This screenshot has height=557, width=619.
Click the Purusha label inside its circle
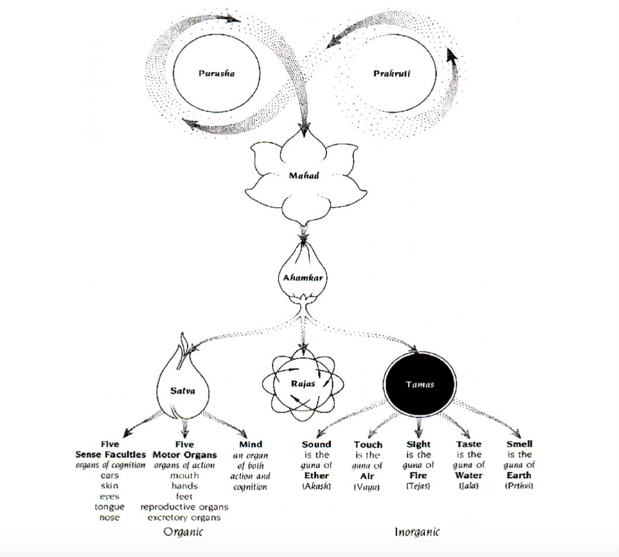[216, 74]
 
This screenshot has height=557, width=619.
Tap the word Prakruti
[392, 74]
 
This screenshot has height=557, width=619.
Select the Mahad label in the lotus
[304, 175]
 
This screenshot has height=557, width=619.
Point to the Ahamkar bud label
[303, 278]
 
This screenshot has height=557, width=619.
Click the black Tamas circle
[420, 384]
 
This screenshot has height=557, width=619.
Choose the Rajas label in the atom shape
[303, 384]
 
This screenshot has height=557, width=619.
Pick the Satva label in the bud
[182, 391]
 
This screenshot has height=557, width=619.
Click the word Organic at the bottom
[183, 532]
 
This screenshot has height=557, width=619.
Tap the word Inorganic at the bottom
[417, 532]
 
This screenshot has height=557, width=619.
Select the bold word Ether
[317, 475]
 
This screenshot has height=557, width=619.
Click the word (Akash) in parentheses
[317, 486]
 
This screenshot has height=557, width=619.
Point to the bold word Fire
[418, 475]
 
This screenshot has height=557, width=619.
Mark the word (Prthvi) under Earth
[519, 486]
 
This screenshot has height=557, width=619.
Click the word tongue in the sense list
[109, 507]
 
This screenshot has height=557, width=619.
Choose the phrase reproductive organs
[185, 507]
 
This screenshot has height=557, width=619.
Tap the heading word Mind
[251, 444]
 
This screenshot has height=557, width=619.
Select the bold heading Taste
[468, 444]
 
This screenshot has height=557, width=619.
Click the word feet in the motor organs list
[185, 496]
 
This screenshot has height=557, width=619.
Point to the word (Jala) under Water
[468, 486]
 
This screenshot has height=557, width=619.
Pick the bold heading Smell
[519, 444]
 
